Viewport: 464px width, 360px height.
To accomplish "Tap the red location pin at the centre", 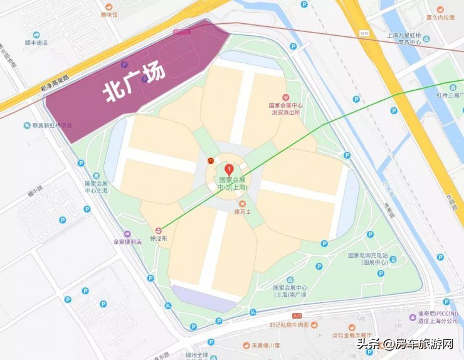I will coord(229,169).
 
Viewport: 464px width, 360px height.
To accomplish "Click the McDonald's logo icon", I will coord(210,161).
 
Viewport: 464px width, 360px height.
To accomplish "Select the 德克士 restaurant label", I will coord(243,212).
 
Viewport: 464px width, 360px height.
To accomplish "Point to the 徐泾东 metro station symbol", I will coord(159,230).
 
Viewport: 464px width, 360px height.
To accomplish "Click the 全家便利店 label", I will coord(127,241).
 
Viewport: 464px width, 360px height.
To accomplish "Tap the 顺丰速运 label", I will coord(36,43).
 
